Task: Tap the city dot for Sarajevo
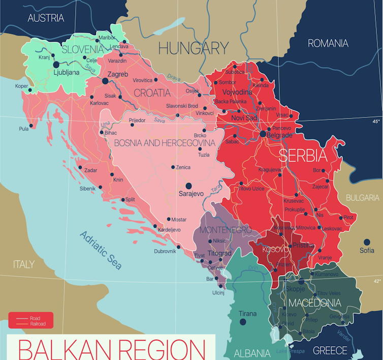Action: [188, 186]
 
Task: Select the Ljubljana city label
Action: [67, 73]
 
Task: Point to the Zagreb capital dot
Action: [105, 81]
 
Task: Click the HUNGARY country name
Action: [193, 48]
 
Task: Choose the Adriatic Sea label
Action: [101, 250]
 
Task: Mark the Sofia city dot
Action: [366, 242]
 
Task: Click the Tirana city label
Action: [248, 314]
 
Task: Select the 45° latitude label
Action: [376, 122]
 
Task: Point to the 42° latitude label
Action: [376, 281]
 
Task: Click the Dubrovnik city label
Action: [165, 251]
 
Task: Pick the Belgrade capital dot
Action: [263, 134]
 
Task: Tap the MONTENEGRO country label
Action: [226, 230]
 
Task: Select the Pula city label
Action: [23, 129]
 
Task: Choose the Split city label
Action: [130, 200]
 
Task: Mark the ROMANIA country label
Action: [328, 43]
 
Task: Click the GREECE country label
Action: [330, 351]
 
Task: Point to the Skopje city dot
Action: [301, 281]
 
